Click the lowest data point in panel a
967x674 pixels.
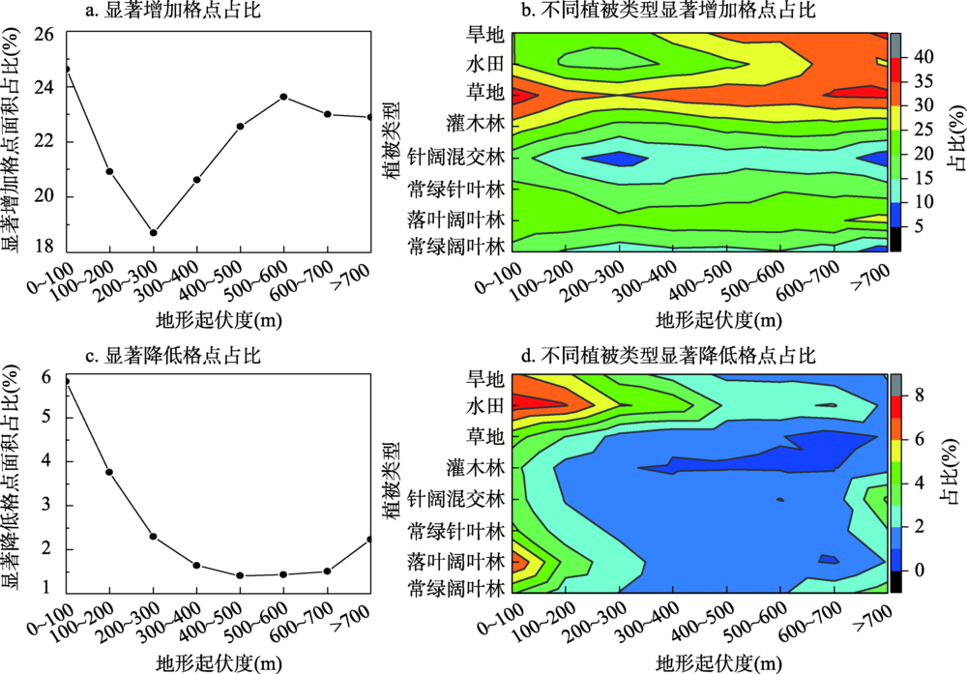pos(153,232)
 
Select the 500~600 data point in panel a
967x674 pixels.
pos(283,97)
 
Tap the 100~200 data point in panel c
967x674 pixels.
pos(109,472)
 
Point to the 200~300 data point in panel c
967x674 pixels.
pos(153,537)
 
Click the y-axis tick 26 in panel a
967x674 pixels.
pos(44,33)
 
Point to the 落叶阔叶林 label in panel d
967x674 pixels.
pos(456,561)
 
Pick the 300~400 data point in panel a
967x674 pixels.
pos(196,179)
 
